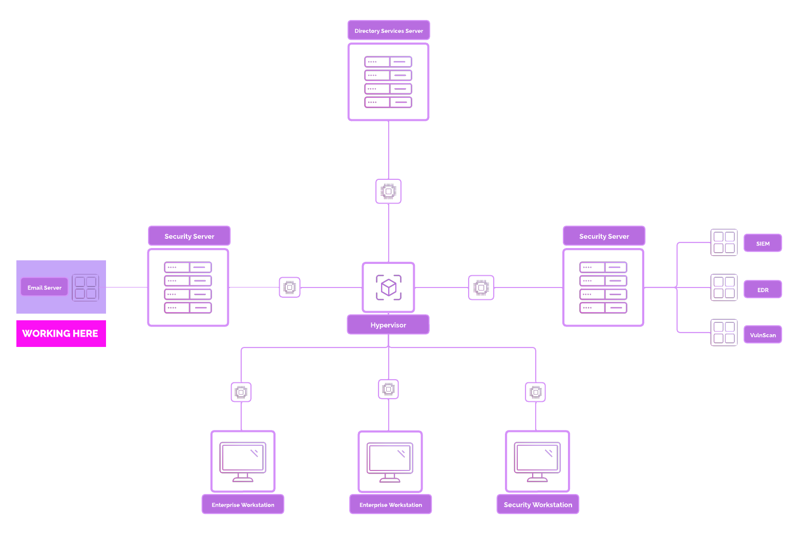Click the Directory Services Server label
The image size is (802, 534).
(x=389, y=31)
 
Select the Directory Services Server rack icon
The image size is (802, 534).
(x=388, y=82)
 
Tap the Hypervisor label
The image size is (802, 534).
(x=388, y=325)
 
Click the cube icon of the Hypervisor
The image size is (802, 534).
(x=389, y=287)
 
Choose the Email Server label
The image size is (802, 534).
(x=45, y=287)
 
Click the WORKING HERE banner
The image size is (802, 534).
(x=61, y=334)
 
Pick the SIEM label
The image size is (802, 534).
(x=763, y=243)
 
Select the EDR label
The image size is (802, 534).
(x=763, y=290)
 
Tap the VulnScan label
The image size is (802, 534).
(x=763, y=335)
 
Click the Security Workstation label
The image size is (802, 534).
(x=538, y=505)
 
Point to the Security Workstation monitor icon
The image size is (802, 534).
(x=537, y=461)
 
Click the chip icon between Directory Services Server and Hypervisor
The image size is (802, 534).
(x=388, y=191)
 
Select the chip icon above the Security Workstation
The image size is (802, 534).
(x=536, y=392)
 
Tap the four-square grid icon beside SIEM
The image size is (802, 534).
(x=724, y=242)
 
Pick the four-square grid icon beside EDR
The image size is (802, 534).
(x=724, y=287)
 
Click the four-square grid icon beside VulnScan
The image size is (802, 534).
(x=724, y=333)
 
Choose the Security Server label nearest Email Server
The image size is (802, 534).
(x=189, y=236)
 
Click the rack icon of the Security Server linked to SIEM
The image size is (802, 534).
(x=603, y=287)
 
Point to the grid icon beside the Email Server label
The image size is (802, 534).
(x=86, y=287)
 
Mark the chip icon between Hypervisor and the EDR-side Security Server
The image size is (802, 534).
(x=481, y=287)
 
